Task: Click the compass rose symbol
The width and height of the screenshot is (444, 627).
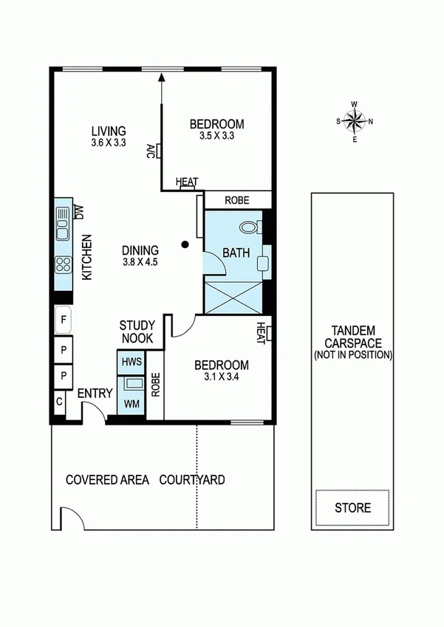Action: [355, 121]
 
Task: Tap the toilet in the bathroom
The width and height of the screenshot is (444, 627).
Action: [250, 226]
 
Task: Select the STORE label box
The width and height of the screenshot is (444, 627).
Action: [352, 508]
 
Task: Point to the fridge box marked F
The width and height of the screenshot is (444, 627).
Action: [64, 321]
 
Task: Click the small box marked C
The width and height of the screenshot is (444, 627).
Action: [59, 403]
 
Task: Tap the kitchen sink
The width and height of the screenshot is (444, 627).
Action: [63, 225]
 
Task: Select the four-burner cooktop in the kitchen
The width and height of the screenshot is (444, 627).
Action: [63, 264]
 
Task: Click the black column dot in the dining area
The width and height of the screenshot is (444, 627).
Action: [185, 244]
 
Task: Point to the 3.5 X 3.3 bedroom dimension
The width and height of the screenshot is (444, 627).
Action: [216, 136]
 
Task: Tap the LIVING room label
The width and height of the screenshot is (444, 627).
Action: [109, 131]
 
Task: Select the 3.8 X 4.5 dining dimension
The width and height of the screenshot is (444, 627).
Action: [140, 261]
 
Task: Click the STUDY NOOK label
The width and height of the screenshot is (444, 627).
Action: [137, 332]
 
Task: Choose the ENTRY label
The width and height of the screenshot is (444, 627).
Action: [95, 393]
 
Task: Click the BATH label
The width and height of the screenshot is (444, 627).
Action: [236, 253]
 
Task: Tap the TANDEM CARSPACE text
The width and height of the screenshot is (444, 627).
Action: [352, 337]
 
